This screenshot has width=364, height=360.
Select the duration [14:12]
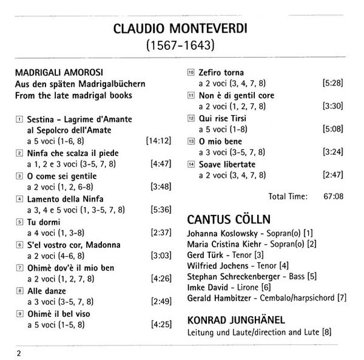157,140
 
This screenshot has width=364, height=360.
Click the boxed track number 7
20,268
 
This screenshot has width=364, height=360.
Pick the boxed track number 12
191,118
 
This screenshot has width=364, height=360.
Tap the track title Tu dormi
42,222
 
